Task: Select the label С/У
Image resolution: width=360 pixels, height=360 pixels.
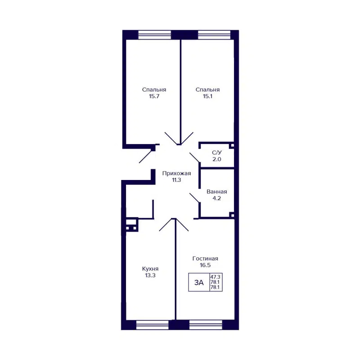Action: click(x=216, y=153)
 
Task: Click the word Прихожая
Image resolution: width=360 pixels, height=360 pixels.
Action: click(x=177, y=173)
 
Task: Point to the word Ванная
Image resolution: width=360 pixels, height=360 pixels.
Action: click(x=217, y=191)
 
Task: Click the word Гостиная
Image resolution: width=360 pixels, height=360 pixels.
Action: click(x=205, y=258)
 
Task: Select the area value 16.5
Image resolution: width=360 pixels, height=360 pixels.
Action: click(x=205, y=265)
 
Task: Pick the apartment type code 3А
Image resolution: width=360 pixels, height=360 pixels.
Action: click(x=199, y=283)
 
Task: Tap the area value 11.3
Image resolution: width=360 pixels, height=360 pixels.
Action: click(x=177, y=180)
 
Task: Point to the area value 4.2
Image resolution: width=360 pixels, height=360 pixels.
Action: click(x=217, y=198)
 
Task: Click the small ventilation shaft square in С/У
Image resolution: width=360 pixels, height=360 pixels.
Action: click(x=232, y=146)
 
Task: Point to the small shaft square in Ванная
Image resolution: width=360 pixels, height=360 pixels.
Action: click(x=232, y=215)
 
